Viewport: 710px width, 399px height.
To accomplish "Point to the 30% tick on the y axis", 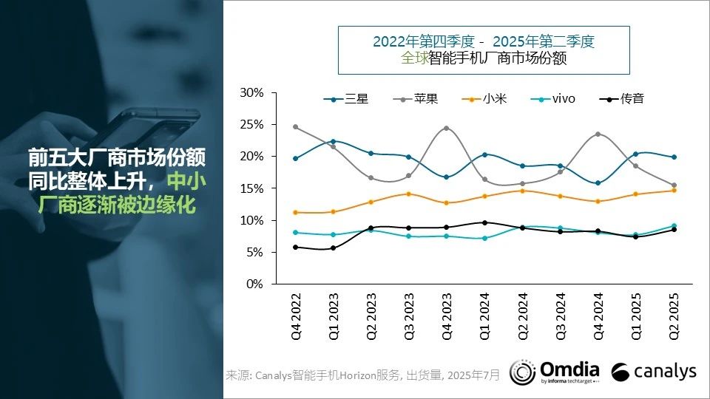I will click(252, 93).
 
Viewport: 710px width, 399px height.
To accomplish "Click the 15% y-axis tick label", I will click(252, 188).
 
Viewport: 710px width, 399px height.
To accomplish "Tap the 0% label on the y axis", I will click(255, 284).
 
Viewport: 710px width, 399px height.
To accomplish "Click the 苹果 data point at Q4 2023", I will click(447, 128).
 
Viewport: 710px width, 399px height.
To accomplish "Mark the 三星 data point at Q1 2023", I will click(333, 141).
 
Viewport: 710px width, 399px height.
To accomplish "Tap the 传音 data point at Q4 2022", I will click(295, 247).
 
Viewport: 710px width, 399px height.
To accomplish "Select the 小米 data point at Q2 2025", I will click(674, 190).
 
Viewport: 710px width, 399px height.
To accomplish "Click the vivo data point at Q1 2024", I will click(484, 238).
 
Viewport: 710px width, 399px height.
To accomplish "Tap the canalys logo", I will click(655, 372).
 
